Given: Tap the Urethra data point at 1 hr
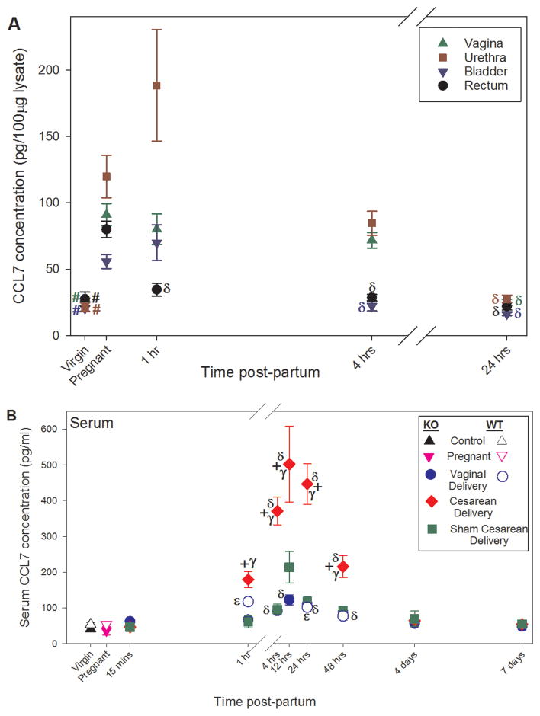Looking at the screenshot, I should pos(156,85).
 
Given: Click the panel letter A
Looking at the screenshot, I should pos(13,24).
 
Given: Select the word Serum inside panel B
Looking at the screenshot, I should pos(92,420).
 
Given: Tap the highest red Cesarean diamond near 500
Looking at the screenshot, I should pos(289,464).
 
